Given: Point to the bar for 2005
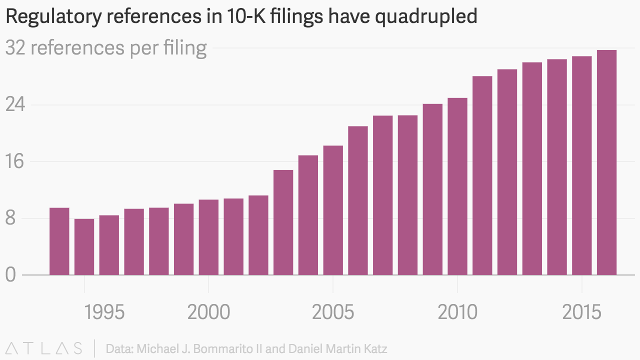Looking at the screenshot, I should click(333, 210).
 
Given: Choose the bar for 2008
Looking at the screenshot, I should click(407, 195).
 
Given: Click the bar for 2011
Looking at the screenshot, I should click(482, 175).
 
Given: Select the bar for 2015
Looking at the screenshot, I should click(582, 165).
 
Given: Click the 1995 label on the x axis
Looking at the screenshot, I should click(104, 312).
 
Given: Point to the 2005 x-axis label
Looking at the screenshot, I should click(333, 312).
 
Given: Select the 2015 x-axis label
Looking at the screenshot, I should click(582, 312).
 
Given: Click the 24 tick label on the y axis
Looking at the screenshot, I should click(15, 105).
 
